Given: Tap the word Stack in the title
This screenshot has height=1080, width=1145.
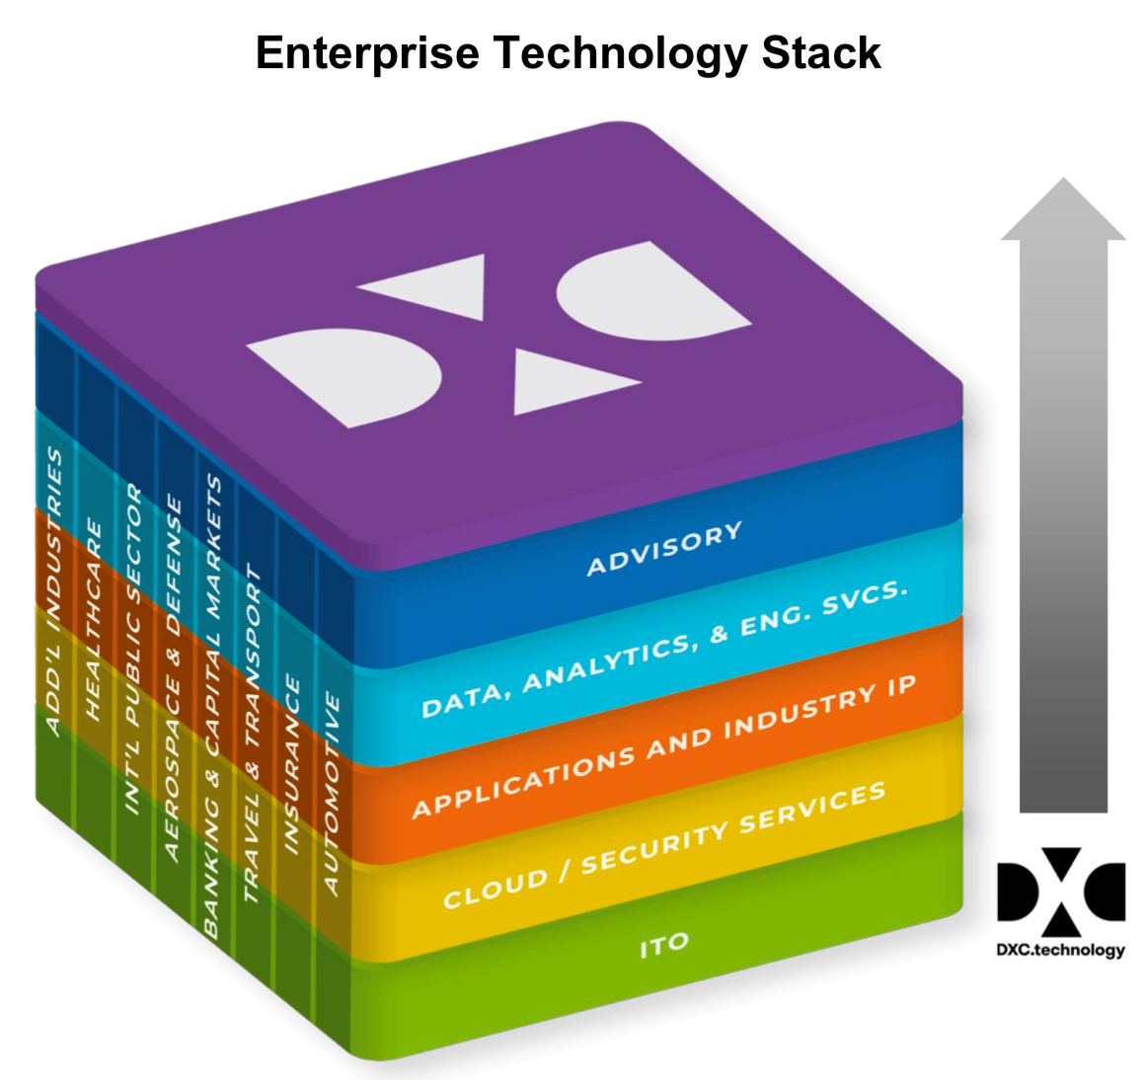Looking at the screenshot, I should [821, 53].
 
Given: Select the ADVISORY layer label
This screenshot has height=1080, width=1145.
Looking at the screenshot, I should [664, 549].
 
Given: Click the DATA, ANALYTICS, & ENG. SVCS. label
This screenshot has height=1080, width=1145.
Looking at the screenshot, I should [663, 650].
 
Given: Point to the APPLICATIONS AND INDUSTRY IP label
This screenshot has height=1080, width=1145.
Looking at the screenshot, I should [663, 748].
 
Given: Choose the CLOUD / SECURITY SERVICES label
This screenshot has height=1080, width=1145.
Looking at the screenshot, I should [663, 846].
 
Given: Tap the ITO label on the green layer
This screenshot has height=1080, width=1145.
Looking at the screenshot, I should [663, 946].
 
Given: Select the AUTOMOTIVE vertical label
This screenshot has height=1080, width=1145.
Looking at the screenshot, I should [332, 794].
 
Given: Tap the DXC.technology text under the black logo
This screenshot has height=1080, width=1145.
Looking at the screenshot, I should [1060, 950].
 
